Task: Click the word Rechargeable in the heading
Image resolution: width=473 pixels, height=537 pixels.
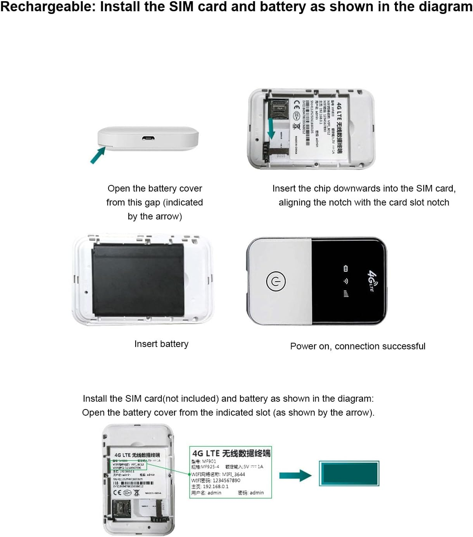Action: point(47,7)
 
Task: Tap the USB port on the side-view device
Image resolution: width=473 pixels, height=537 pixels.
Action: point(147,138)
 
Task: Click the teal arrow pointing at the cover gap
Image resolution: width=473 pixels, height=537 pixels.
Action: point(98,155)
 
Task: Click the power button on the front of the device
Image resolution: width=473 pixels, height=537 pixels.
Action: point(276,281)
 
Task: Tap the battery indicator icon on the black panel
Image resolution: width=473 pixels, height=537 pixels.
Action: point(346,268)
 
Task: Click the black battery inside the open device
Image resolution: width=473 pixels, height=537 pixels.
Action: point(138,279)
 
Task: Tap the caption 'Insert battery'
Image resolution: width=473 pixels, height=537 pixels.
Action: point(161,344)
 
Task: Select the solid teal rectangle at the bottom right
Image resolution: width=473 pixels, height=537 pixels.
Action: point(349,473)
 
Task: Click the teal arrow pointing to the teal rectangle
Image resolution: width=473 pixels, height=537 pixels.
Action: point(295,476)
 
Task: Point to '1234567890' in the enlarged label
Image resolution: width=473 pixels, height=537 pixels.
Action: point(226,480)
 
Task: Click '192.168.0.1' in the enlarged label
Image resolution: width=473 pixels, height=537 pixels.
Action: point(216,487)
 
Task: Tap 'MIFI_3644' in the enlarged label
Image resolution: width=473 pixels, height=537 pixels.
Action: point(233,474)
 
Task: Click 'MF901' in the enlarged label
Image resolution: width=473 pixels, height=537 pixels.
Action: point(209,461)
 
